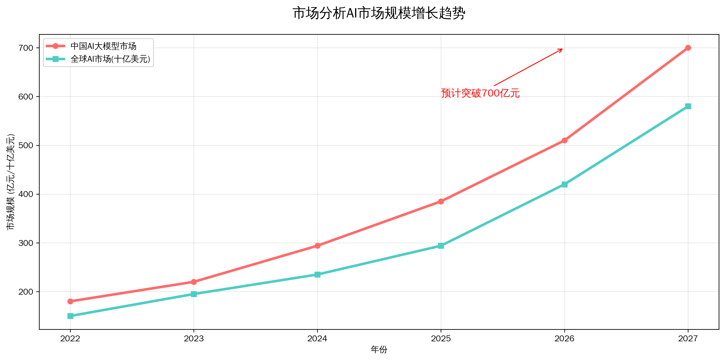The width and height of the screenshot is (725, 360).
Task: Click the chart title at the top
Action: (379, 13)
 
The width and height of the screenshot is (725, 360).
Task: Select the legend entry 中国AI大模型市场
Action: (103, 46)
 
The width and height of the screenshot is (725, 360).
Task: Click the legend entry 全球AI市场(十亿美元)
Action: (110, 59)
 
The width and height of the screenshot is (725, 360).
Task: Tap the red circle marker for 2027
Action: (688, 48)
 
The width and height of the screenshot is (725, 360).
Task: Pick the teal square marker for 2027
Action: (688, 106)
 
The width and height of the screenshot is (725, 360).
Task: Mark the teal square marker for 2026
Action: (564, 184)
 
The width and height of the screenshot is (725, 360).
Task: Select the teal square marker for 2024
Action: (317, 275)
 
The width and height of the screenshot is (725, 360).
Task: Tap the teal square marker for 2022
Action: (70, 316)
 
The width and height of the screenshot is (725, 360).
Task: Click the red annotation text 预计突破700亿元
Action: (480, 93)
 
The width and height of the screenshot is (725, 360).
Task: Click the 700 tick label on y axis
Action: (26, 48)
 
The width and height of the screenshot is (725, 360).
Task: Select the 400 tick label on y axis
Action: (26, 194)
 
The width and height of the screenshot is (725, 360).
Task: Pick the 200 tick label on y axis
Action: (26, 292)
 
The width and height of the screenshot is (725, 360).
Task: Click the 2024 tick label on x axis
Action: (317, 338)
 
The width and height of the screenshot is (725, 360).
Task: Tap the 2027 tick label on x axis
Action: (688, 338)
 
